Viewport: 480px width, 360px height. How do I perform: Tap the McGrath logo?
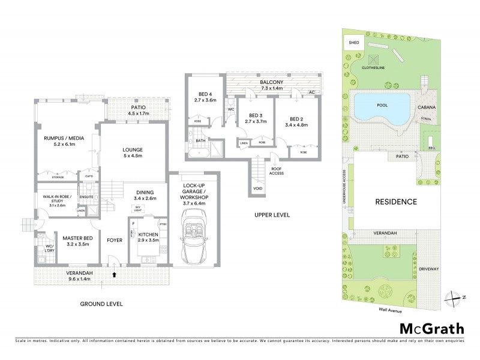pos(431,328)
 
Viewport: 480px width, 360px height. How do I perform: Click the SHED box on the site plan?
pos(351,43)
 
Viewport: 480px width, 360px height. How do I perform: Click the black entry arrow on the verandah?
pos(114,275)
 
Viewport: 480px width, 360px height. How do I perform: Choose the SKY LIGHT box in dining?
pos(139,209)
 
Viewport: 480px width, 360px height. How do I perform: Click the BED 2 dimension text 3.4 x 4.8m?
pos(298,126)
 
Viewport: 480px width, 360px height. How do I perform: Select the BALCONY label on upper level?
pos(272,82)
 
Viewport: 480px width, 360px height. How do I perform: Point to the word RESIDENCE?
pos(396,202)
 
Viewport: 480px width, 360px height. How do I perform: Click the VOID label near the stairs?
pos(257,188)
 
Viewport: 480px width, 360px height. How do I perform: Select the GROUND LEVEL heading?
pos(101,304)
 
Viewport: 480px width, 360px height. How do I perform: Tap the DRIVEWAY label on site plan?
pos(430,269)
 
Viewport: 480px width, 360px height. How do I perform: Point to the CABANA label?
pos(431,107)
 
